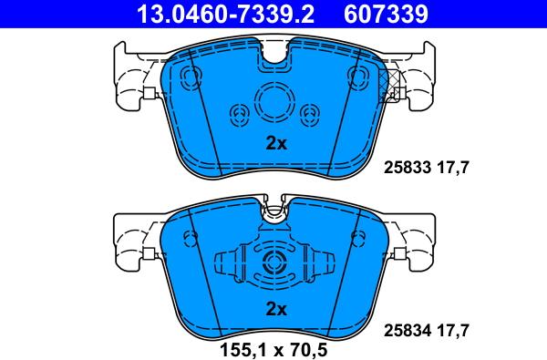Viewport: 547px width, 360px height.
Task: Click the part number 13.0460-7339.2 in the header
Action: point(225,14)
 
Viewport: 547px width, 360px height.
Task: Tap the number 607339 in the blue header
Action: point(386,14)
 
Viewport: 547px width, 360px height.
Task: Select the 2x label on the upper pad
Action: point(276,143)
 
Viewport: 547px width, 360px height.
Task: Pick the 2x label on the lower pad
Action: point(276,309)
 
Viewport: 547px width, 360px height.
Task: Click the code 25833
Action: point(408,168)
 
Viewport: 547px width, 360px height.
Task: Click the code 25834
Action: point(408,330)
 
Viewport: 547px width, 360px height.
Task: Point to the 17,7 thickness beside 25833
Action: point(453,168)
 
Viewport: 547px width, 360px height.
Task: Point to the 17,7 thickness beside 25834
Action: point(453,330)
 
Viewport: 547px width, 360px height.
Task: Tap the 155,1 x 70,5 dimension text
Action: point(273,350)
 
